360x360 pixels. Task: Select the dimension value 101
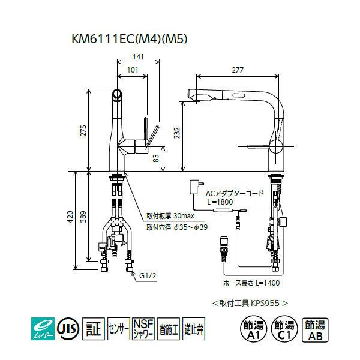pos(134,70)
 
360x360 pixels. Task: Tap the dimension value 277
pos(238,70)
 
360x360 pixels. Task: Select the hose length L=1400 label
pos(253,281)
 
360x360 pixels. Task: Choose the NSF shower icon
pos(143,328)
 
